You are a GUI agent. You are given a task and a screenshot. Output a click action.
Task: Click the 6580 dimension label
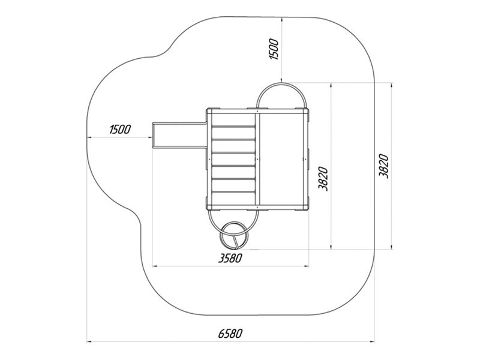(x=230, y=334)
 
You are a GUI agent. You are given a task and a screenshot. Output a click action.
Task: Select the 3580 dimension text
(x=230, y=258)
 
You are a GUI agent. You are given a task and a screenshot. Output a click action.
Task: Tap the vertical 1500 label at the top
(x=274, y=49)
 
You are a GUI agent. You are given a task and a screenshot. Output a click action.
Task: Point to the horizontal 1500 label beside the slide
(x=119, y=130)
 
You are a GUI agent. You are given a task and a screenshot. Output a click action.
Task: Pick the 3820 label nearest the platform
(x=323, y=179)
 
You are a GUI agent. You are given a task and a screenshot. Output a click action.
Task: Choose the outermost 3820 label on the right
(x=383, y=166)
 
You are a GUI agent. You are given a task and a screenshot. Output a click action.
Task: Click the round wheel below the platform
(x=235, y=235)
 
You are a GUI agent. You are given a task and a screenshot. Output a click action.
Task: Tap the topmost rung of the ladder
(x=233, y=126)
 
